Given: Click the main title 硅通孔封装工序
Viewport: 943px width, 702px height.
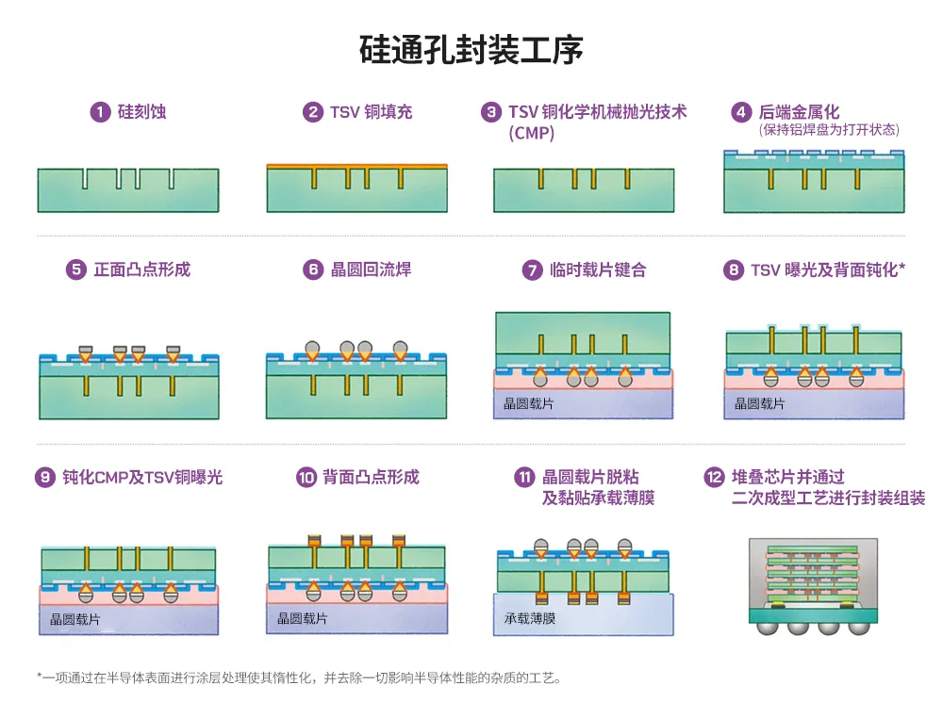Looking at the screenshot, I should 471,49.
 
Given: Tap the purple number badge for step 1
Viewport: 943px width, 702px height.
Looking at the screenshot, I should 99,112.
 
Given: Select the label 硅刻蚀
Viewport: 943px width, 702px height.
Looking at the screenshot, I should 142,112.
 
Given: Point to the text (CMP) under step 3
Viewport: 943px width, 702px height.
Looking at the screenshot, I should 531,133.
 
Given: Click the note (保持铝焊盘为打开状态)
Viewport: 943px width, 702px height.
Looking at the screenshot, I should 829,130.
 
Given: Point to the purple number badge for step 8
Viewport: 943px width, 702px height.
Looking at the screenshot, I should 733,270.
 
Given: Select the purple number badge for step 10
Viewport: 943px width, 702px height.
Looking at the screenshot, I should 306,477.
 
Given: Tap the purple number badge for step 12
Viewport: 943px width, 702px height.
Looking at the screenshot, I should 714,477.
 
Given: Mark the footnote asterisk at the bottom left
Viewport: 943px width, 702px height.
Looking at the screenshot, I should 40,677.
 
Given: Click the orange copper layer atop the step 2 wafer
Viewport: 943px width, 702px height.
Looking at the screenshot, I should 356,166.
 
